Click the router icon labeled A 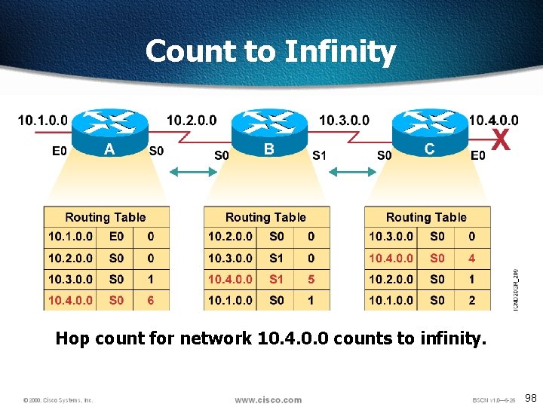[110, 132]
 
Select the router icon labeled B [268, 132]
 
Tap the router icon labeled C [429, 132]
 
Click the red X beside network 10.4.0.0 [500, 139]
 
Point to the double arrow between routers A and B [191, 173]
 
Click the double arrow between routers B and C [352, 173]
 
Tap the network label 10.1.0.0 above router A [42, 120]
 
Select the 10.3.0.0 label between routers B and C [344, 120]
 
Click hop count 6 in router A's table [151, 300]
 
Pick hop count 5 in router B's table [311, 279]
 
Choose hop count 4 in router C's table [471, 258]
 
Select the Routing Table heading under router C [426, 217]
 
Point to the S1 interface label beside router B [320, 155]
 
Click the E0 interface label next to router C [478, 155]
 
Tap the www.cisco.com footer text [268, 399]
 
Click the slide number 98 [531, 398]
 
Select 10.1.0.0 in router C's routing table [391, 300]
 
